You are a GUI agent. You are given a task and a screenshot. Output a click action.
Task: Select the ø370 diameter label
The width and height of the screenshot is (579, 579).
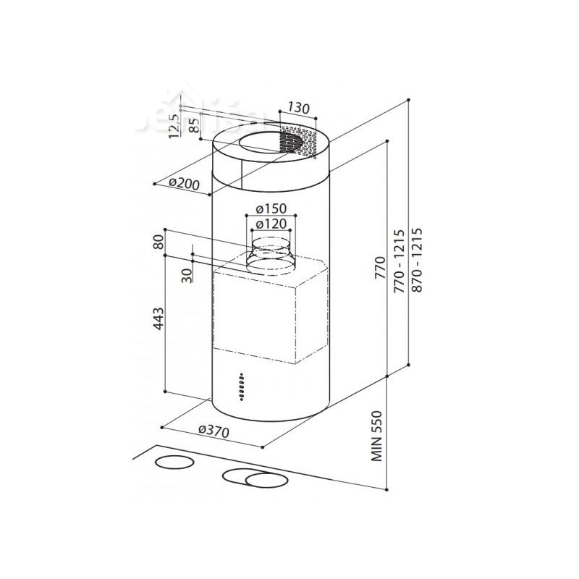(214, 432)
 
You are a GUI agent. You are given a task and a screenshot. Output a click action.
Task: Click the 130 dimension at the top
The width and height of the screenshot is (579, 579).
(299, 108)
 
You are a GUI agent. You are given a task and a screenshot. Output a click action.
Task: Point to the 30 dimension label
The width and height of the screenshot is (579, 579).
(186, 276)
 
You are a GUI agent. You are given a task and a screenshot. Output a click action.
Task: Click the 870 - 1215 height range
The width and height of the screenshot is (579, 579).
(415, 261)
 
